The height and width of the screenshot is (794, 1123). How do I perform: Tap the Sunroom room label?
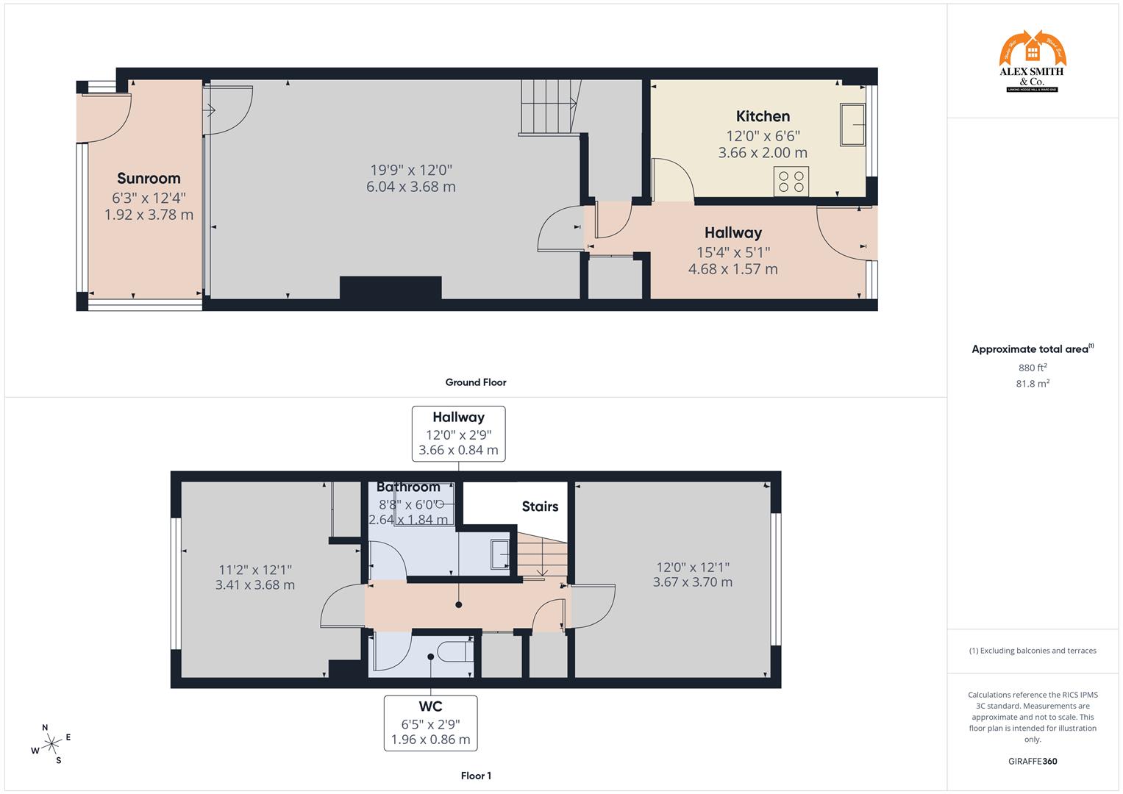(149, 178)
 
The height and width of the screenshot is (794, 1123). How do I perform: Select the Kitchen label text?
(763, 116)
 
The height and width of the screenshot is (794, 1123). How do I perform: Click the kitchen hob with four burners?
(791, 182)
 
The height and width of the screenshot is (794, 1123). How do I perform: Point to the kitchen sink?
(853, 125)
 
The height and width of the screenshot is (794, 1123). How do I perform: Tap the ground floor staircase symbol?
(550, 107)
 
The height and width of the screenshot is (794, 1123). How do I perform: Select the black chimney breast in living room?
(391, 287)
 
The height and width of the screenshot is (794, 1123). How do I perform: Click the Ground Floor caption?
(476, 382)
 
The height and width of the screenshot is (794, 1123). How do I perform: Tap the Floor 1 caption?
(476, 776)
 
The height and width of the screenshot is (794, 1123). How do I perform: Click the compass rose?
(51, 744)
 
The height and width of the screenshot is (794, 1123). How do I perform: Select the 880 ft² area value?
(1033, 368)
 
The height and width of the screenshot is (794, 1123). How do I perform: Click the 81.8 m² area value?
(1033, 383)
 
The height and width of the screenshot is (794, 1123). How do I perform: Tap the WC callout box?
(430, 723)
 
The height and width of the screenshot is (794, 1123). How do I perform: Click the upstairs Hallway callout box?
(458, 433)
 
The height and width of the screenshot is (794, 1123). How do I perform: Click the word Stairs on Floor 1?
(540, 507)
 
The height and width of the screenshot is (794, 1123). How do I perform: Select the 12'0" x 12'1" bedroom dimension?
(692, 567)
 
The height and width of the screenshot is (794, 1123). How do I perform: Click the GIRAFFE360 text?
(1033, 761)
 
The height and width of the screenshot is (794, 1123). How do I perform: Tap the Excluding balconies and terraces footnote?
(1033, 651)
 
